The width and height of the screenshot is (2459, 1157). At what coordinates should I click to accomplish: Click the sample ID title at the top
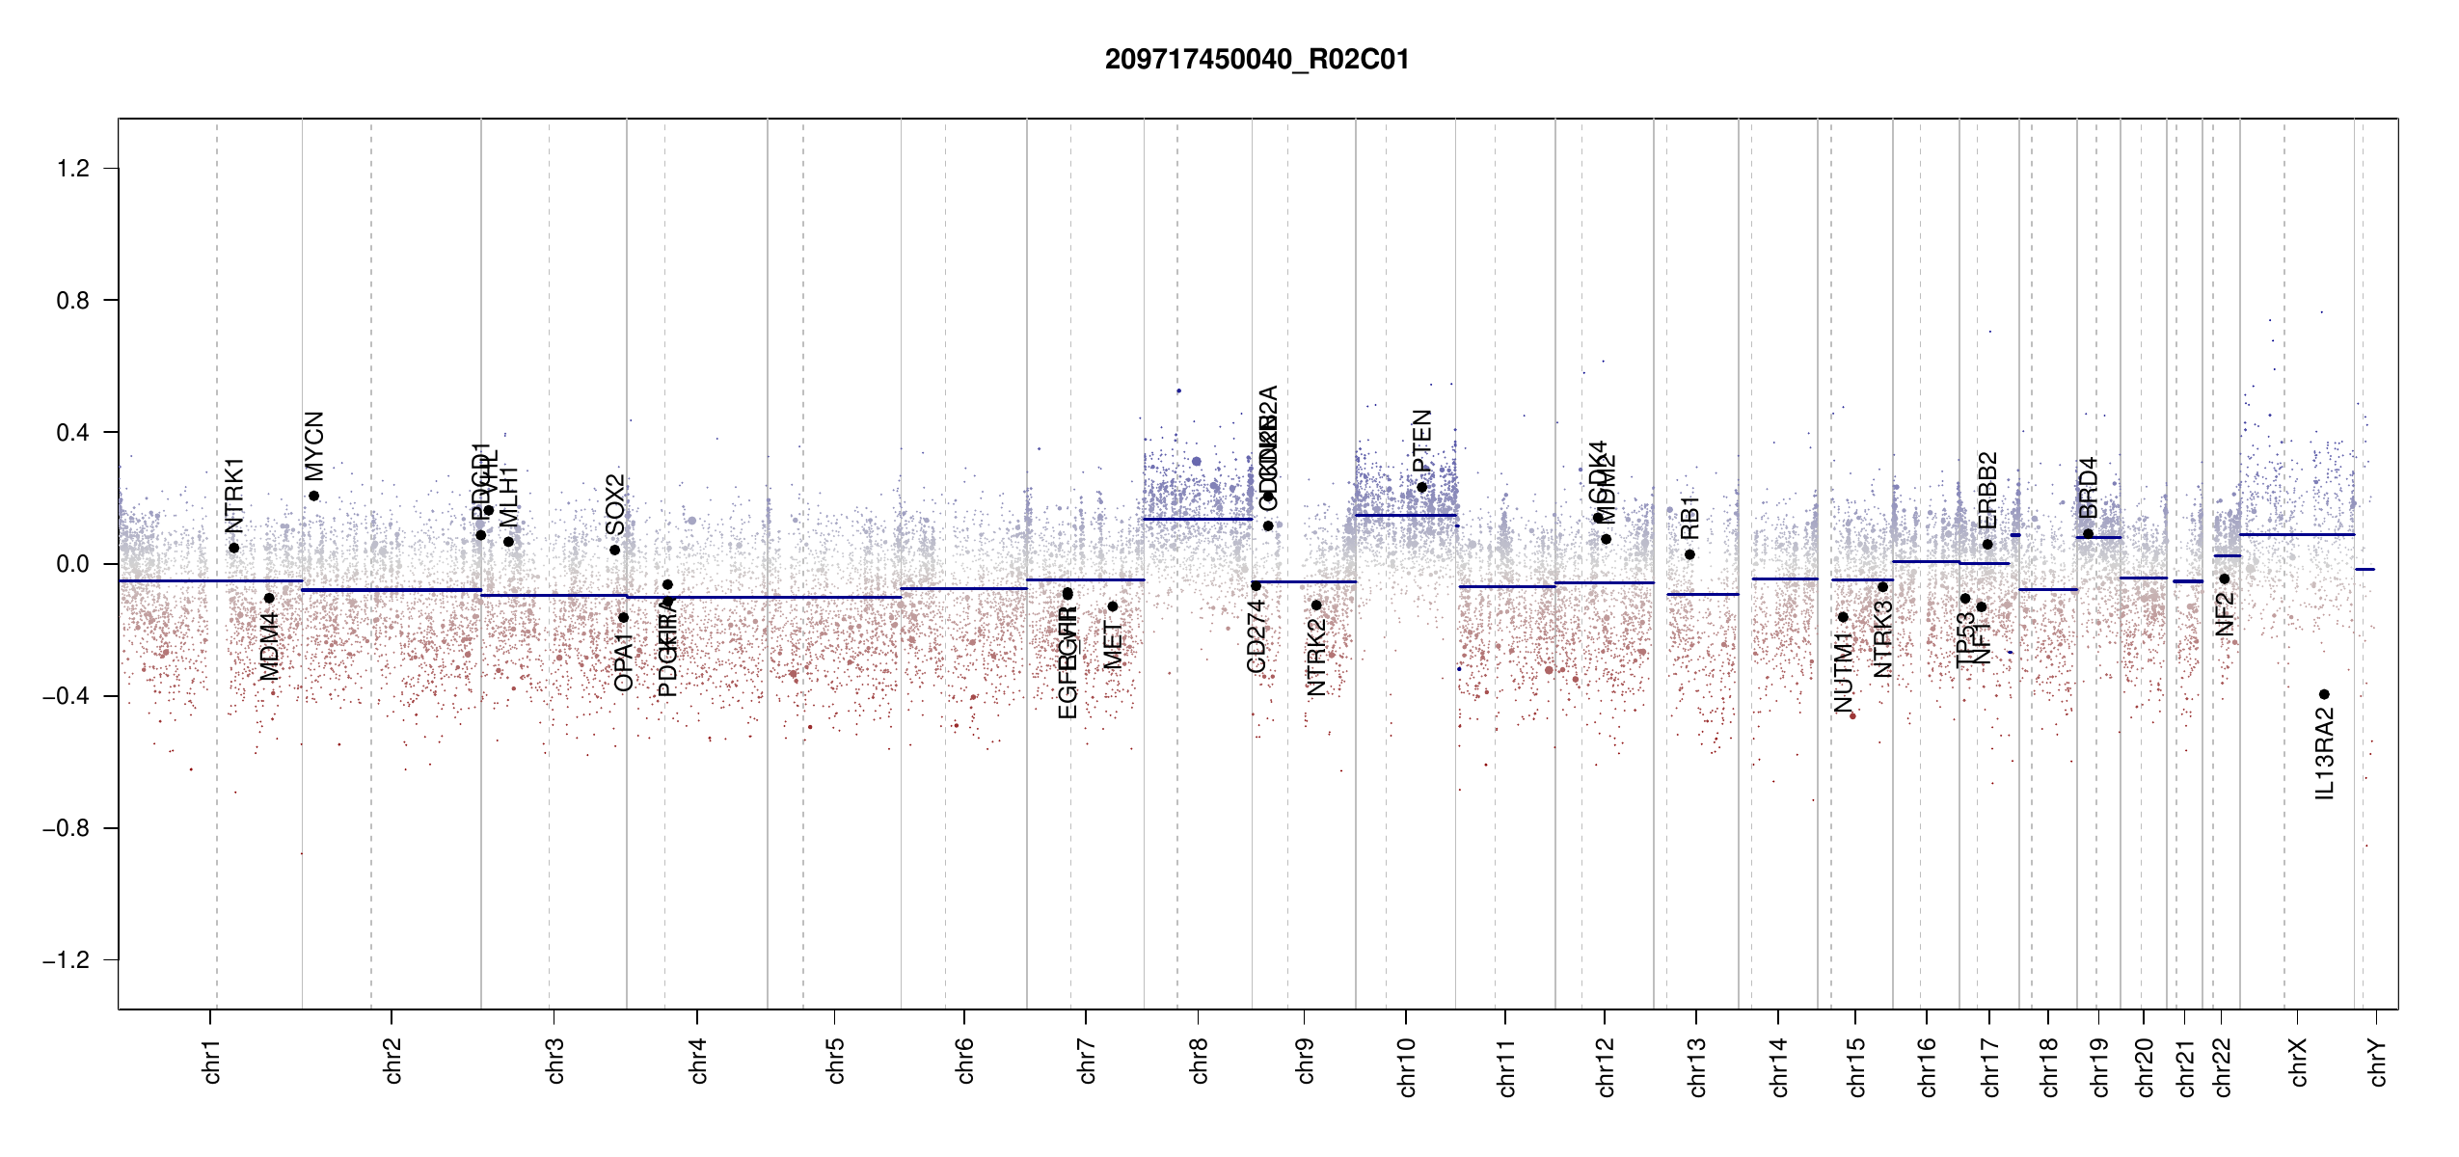(x=1257, y=60)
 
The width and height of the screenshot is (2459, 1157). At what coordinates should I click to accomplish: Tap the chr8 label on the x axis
(x=1199, y=1061)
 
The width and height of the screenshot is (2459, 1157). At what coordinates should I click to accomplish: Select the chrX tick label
(x=2298, y=1063)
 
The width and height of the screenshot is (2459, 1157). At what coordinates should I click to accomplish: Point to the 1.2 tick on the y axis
(x=72, y=169)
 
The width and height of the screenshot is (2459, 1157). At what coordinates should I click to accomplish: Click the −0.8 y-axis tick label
(x=66, y=828)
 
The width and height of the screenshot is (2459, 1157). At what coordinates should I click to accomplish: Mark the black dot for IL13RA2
(x=2324, y=694)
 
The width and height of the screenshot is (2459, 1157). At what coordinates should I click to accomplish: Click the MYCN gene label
(x=314, y=445)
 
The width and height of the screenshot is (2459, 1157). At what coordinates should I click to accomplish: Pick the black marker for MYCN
(x=314, y=497)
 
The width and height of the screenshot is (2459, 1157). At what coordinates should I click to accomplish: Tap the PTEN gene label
(x=1421, y=441)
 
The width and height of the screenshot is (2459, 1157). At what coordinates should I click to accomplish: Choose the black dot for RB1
(x=1689, y=554)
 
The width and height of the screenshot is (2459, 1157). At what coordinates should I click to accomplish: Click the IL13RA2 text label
(x=2325, y=754)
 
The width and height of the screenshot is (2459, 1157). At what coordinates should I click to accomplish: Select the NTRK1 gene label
(x=234, y=496)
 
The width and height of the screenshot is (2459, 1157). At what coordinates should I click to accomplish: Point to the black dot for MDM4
(x=269, y=599)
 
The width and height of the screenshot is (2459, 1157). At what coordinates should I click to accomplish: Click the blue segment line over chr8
(x=1198, y=520)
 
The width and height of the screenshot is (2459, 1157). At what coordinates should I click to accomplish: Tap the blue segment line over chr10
(x=1405, y=515)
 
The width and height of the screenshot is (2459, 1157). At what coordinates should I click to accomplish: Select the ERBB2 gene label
(x=1987, y=490)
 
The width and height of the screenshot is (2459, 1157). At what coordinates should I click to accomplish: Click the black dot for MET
(x=1112, y=606)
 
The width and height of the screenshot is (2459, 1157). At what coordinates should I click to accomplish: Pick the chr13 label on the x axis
(x=1696, y=1066)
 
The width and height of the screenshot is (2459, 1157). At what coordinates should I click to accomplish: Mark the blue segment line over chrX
(x=2296, y=534)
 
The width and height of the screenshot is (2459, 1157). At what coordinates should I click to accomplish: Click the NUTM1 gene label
(x=1844, y=673)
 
